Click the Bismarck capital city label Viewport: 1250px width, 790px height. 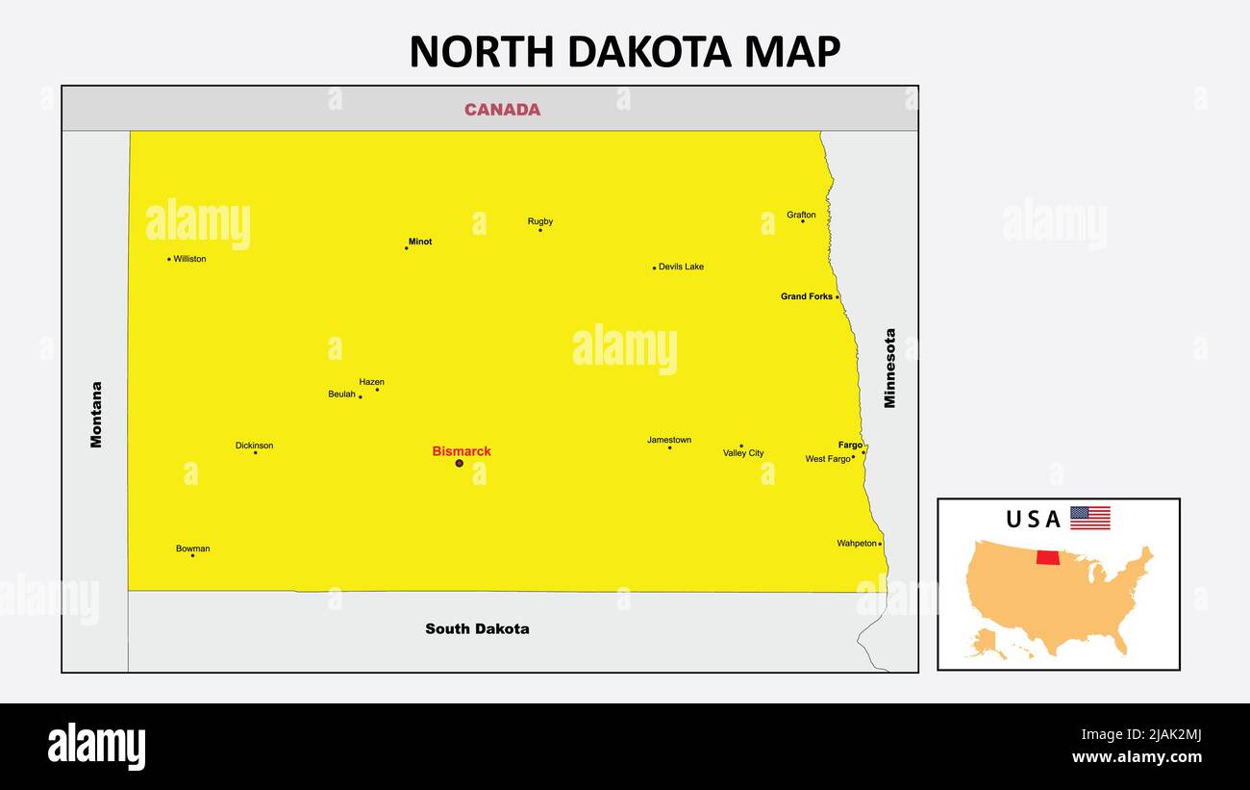[462, 451]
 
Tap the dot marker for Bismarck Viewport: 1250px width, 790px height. [459, 463]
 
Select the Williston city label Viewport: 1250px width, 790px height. [189, 259]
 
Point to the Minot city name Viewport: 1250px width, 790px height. [420, 242]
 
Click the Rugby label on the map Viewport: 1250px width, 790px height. [540, 221]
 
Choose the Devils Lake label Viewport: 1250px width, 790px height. [681, 267]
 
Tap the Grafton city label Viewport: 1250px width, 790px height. [801, 215]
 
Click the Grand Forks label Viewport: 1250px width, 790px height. [807, 296]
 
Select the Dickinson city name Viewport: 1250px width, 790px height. [254, 446]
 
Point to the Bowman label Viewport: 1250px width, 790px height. [192, 548]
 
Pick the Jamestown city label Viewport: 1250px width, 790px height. [669, 440]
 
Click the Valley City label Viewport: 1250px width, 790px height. [743, 453]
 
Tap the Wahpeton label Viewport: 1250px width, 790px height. [857, 544]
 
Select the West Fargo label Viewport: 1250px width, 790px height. [828, 459]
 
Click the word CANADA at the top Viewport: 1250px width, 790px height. [502, 110]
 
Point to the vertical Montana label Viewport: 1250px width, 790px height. [96, 415]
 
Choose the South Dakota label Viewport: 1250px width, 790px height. [477, 628]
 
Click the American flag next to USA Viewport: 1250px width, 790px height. [1090, 518]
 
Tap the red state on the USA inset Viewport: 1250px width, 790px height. [1048, 558]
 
